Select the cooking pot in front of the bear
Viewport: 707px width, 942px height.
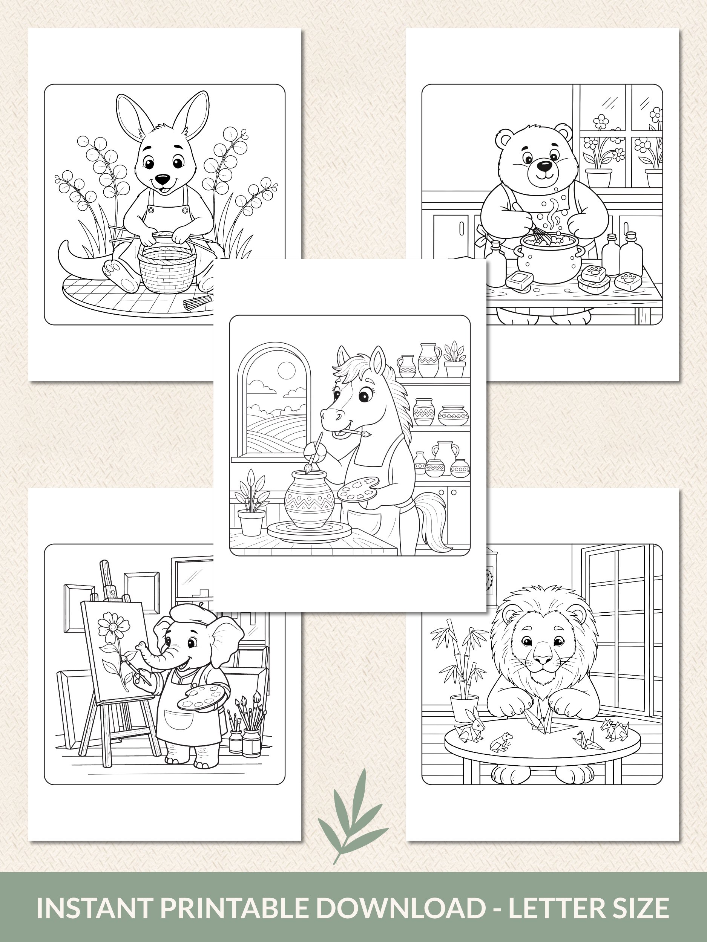[x=549, y=258]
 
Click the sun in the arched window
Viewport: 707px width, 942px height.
[x=286, y=370]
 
